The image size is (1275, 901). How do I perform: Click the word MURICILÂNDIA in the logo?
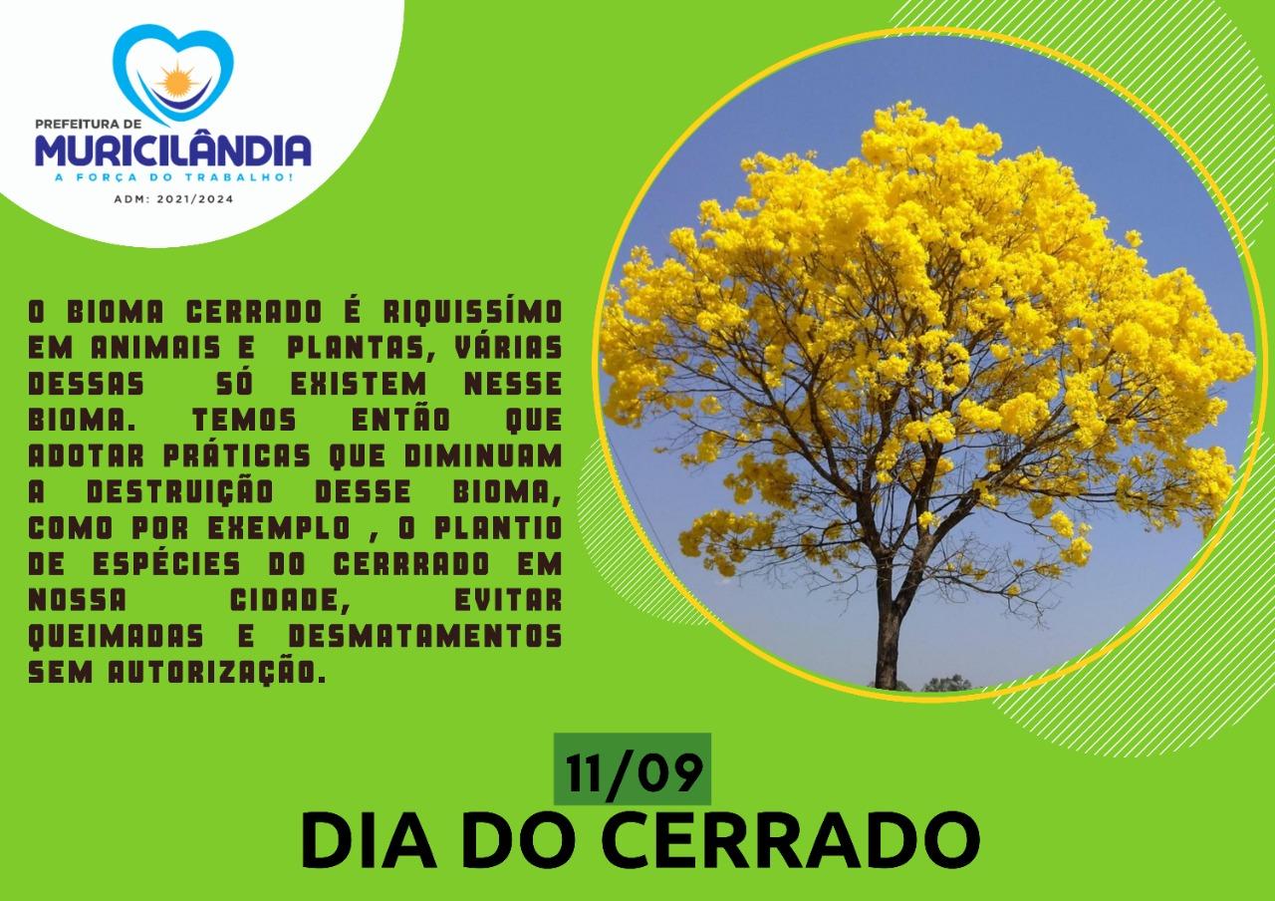tap(173, 150)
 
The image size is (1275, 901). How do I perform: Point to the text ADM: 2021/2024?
tap(173, 199)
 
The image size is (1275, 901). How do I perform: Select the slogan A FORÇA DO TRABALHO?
tap(173, 177)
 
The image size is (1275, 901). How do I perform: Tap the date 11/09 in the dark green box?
tap(633, 772)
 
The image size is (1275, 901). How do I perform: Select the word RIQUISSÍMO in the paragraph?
tap(472, 311)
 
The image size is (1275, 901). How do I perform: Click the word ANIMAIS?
tap(155, 347)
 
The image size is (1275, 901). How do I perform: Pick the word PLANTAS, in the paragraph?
tap(362, 348)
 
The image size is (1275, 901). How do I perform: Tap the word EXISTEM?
tap(359, 384)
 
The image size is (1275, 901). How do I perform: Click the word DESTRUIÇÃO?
tap(180, 492)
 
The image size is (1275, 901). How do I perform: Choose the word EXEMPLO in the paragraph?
tap(278, 528)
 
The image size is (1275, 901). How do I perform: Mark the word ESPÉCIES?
tap(166, 564)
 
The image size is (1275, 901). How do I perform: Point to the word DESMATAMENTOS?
tap(425, 636)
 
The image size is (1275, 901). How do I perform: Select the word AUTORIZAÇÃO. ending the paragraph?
tap(217, 672)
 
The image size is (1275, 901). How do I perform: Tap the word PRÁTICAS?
tap(237, 455)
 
